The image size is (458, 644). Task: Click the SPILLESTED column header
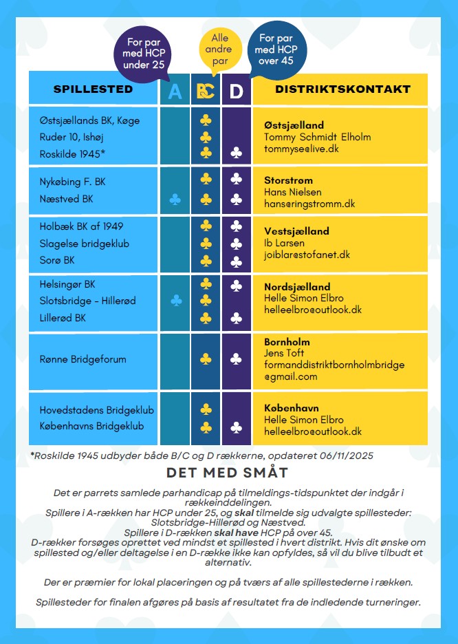[x=93, y=89]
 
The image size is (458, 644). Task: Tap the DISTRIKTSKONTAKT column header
[x=342, y=89]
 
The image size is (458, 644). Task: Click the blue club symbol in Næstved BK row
[x=175, y=200]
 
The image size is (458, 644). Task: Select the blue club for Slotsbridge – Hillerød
[x=175, y=300]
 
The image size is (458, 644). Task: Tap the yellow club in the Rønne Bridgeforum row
[x=205, y=359]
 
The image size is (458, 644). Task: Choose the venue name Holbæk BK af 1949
[x=82, y=226]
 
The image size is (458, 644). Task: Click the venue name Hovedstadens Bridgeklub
[x=96, y=410]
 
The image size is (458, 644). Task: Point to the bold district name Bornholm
[x=287, y=342]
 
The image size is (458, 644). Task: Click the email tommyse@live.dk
[x=302, y=149]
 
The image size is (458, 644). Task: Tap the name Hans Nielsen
[x=293, y=192]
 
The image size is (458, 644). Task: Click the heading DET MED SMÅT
[x=227, y=473]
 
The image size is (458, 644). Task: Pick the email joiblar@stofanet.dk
[x=307, y=255]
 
